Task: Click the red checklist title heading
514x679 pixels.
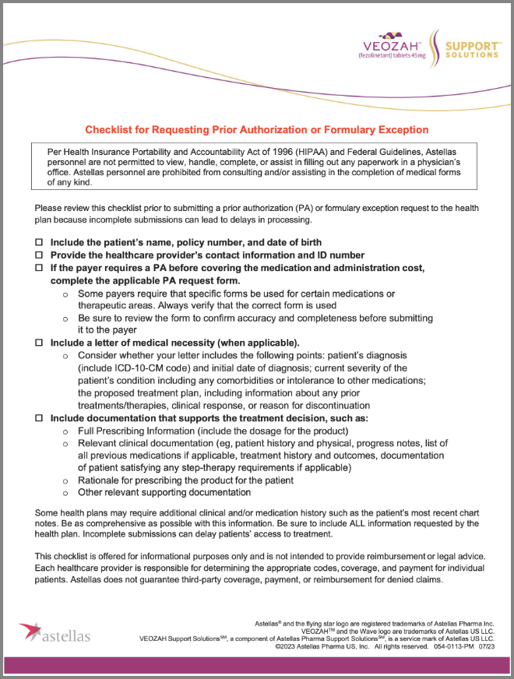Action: [x=256, y=129]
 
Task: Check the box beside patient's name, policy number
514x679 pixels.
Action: [x=39, y=243]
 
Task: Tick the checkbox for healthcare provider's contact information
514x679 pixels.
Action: [x=39, y=255]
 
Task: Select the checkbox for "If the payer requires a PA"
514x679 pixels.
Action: [x=39, y=268]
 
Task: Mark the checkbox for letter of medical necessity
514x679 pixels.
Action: [x=39, y=343]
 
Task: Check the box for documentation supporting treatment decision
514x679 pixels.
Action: [x=39, y=417]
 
